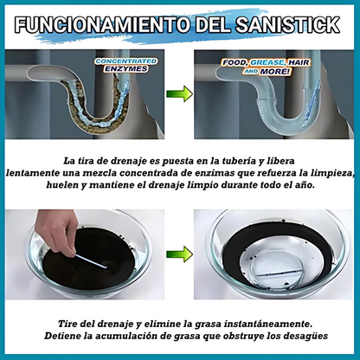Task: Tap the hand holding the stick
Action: [54, 230]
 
